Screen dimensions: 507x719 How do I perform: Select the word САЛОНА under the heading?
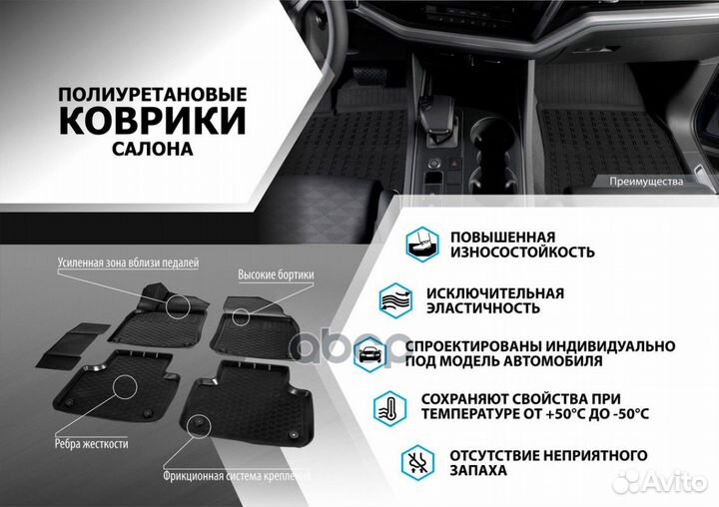pos(152,148)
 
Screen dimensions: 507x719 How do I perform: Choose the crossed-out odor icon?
pos(420,461)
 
